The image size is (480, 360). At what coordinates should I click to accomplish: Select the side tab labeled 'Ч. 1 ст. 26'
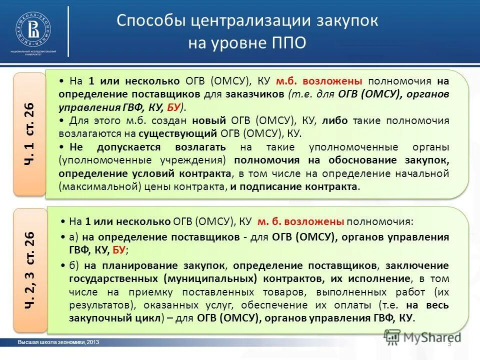point(29,134)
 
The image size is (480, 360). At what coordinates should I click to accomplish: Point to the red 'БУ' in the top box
point(173,107)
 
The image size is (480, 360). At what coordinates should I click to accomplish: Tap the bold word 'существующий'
point(177,133)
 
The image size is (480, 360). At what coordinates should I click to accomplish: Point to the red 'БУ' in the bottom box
point(118,250)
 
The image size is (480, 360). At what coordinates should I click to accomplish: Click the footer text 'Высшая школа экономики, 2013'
point(58,342)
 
